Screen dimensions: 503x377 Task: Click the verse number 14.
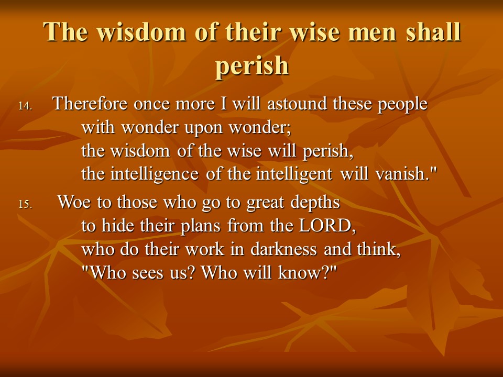25,106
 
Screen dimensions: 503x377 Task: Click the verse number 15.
25,204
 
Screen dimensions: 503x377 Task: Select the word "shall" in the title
433,32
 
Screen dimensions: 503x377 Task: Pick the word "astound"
297,104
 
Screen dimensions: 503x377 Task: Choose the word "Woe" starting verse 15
74,203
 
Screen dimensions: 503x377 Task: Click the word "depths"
315,203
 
